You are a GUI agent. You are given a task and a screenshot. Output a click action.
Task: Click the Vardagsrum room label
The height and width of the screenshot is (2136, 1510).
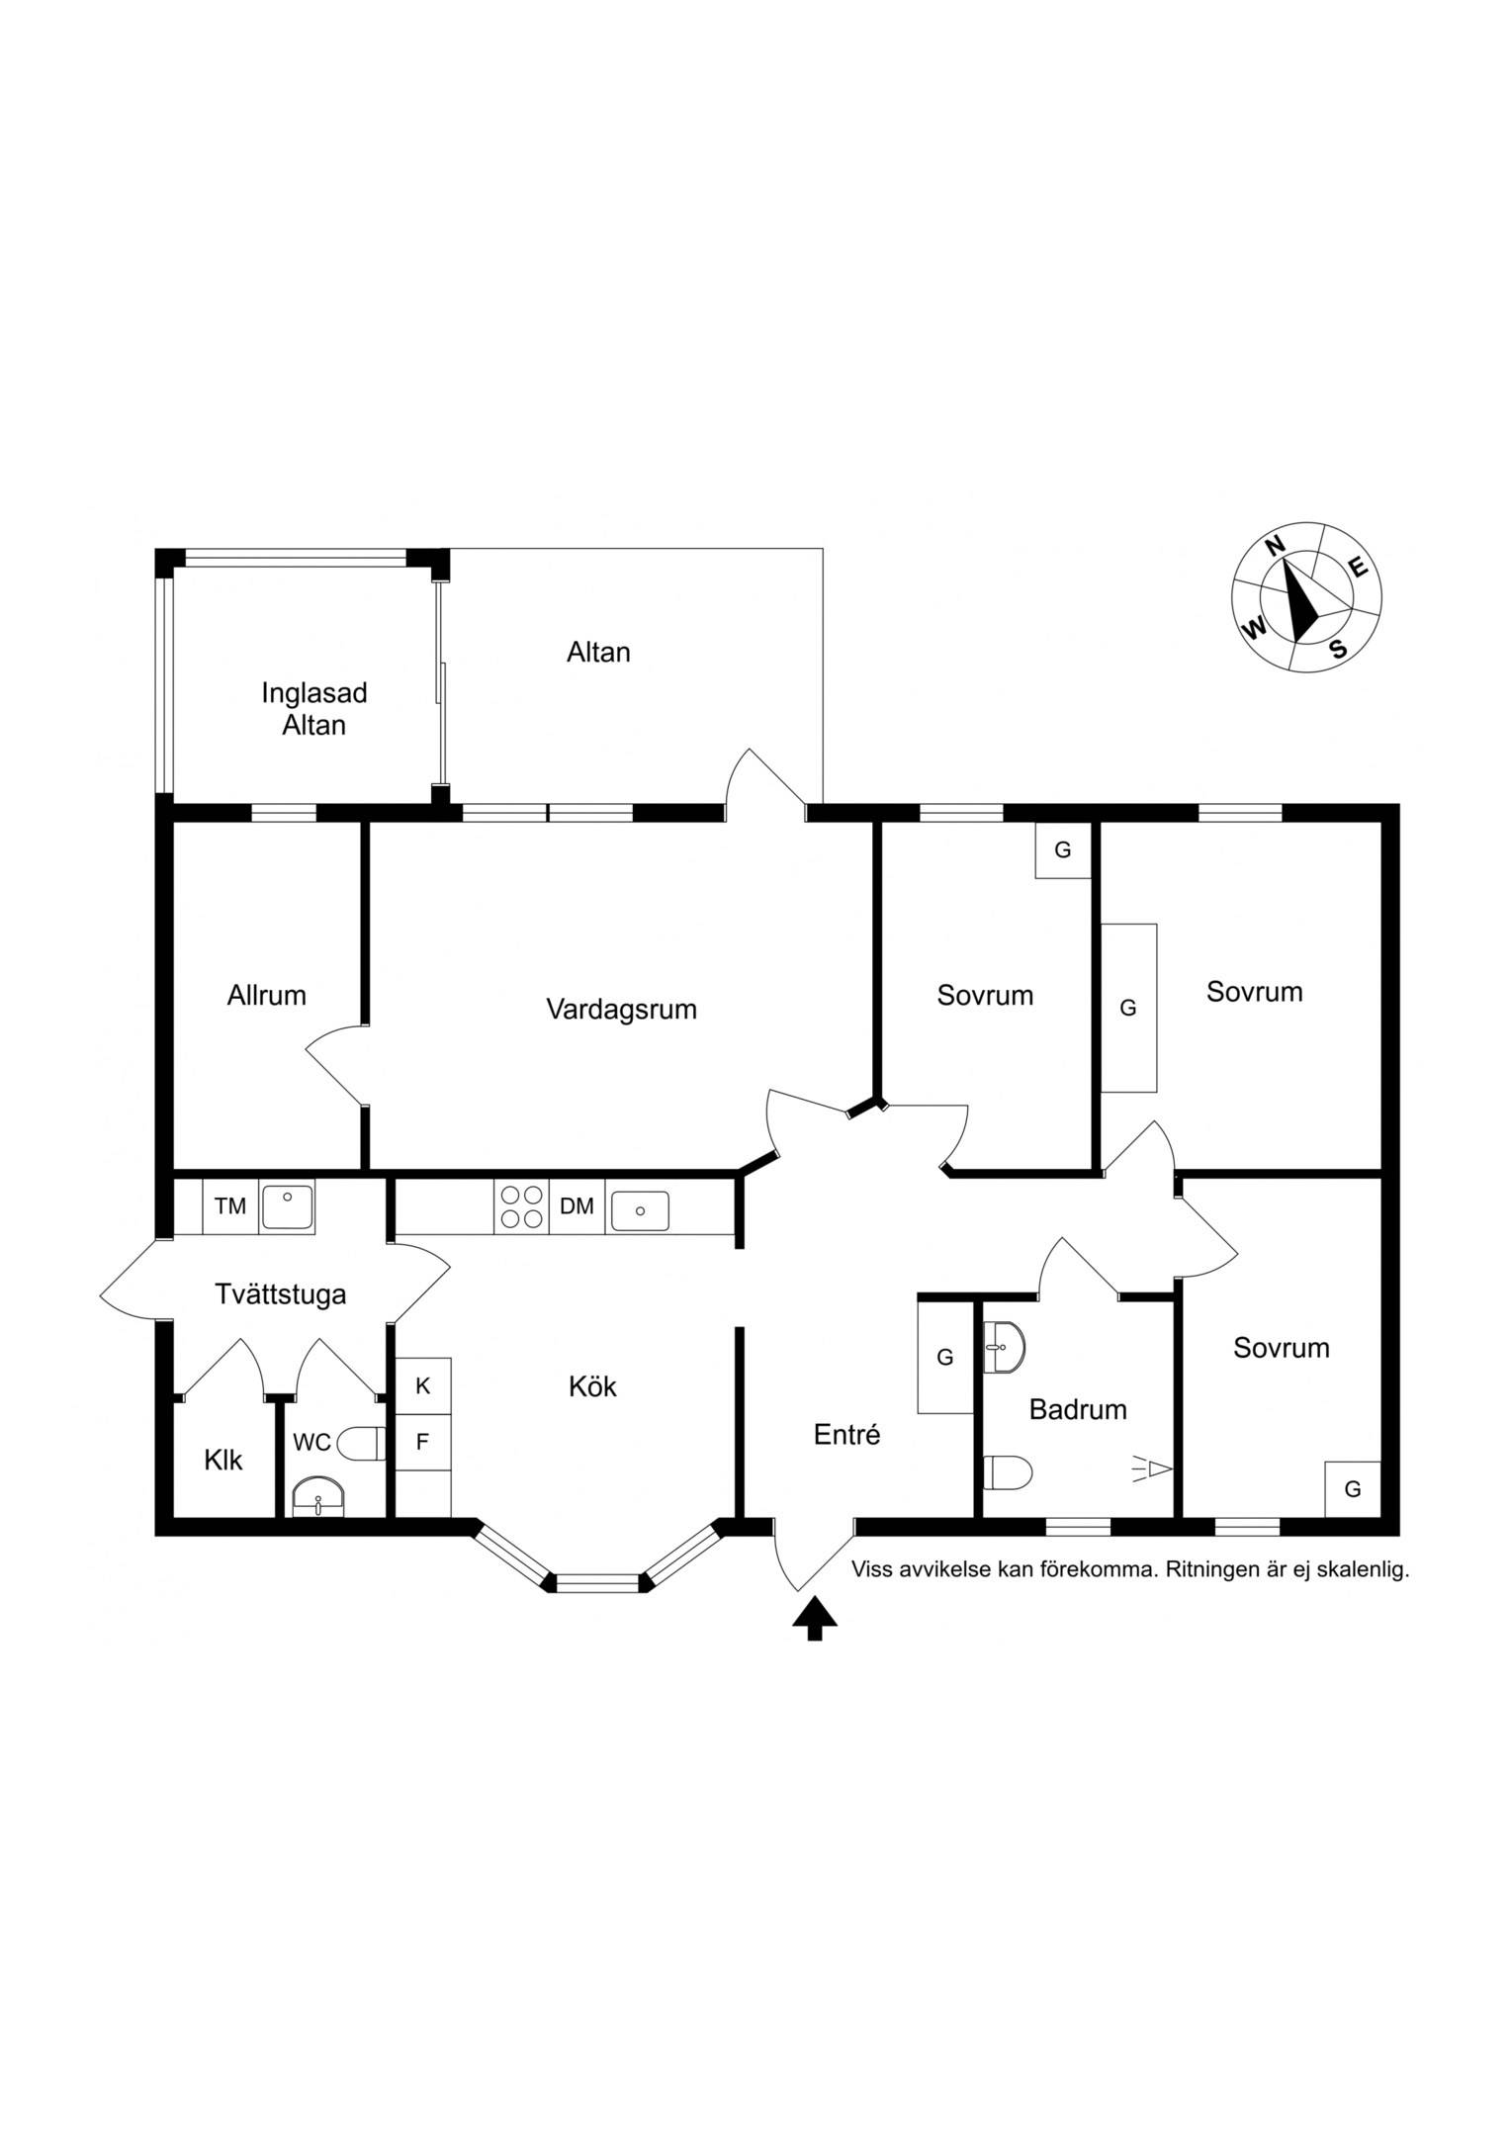621,1010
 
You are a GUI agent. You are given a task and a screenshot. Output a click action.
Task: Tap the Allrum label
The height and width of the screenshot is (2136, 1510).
266,995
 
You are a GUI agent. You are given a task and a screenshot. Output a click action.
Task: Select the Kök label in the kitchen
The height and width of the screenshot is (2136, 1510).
592,1386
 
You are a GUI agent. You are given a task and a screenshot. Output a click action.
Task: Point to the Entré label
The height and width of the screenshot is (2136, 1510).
846,1434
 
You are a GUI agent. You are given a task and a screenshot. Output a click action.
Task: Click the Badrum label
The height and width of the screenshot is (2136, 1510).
1078,1409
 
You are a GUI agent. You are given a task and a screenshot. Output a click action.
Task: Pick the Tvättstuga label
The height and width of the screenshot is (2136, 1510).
281,1294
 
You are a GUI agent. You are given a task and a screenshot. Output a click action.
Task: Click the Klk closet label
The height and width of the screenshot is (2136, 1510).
223,1460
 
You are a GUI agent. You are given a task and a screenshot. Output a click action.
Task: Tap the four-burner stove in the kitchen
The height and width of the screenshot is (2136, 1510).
521,1206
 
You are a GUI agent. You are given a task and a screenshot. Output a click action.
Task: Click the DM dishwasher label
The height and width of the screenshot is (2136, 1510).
577,1205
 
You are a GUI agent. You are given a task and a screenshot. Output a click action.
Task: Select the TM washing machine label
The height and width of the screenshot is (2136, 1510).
230,1205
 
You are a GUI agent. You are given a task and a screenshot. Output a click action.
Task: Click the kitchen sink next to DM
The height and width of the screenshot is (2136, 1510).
640,1210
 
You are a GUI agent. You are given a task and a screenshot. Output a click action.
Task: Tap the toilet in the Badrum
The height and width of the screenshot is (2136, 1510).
1008,1472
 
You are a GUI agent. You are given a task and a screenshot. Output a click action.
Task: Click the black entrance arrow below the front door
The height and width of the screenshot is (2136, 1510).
815,1618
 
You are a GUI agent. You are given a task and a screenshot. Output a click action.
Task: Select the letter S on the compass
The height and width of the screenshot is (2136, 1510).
1338,649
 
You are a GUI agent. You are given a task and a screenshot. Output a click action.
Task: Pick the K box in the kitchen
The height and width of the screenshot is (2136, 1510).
423,1386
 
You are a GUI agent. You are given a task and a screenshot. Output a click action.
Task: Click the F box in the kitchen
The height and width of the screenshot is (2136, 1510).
423,1442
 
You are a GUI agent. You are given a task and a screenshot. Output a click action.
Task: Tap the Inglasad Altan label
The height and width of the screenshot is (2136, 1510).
313,709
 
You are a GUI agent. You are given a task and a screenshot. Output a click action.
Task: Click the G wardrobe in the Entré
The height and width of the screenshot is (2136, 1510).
945,1358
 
